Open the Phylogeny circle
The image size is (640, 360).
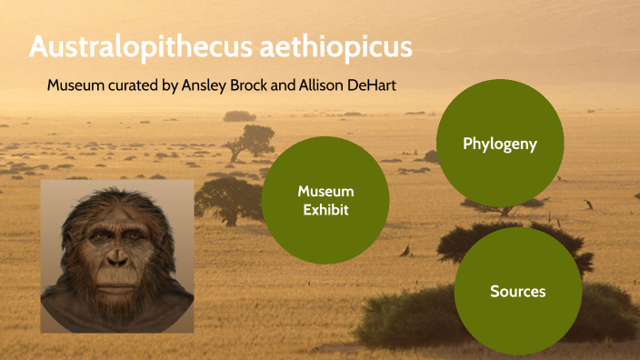500,144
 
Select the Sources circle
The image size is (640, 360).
517,291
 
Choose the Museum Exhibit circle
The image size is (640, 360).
325,200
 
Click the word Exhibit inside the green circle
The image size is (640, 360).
325,210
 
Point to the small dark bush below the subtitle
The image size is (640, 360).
239,116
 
